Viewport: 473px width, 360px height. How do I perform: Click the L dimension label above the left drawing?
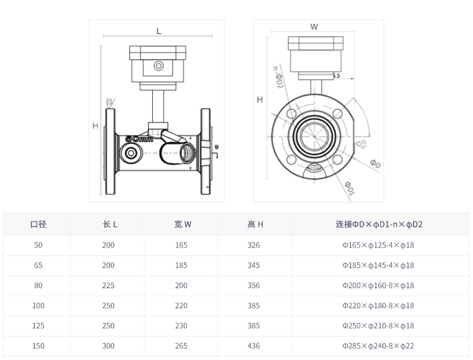point(159,31)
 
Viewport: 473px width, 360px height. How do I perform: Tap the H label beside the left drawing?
point(95,126)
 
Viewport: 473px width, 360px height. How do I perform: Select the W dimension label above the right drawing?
point(314,26)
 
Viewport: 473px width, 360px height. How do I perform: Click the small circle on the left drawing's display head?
point(159,66)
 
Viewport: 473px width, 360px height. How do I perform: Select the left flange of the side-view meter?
point(111,152)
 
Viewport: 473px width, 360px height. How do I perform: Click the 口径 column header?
point(38,225)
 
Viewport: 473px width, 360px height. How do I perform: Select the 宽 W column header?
point(182,225)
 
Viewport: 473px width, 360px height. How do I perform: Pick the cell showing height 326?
point(254,246)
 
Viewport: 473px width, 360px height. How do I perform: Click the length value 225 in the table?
point(108,286)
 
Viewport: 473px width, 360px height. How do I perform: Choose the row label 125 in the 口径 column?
point(38,326)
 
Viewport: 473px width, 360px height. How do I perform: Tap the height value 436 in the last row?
point(254,346)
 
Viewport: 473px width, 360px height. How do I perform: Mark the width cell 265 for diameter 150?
point(182,346)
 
